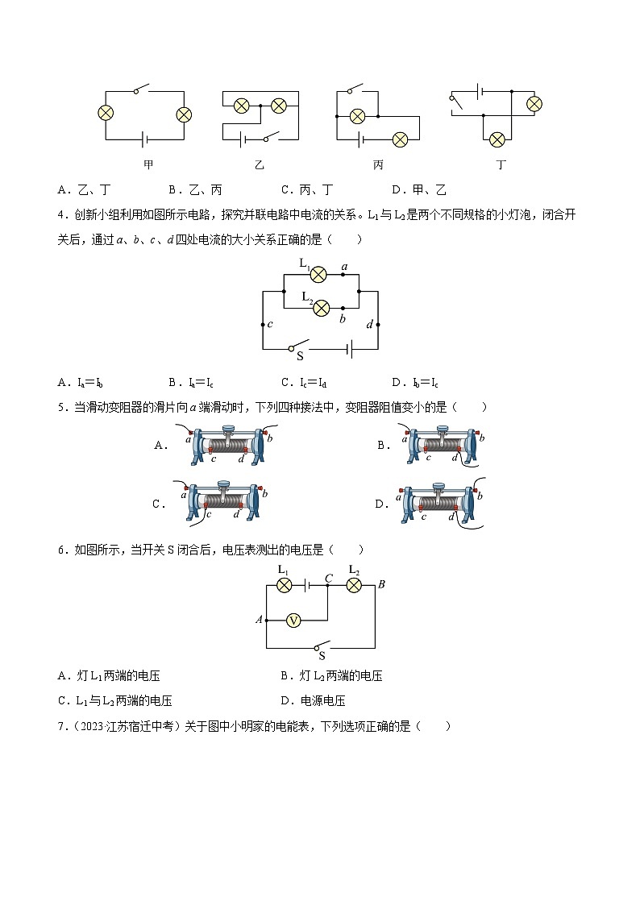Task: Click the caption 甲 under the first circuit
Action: click(x=148, y=164)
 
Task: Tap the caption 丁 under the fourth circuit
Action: click(x=501, y=164)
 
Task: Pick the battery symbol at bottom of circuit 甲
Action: click(x=144, y=139)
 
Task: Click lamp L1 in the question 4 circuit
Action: click(x=318, y=274)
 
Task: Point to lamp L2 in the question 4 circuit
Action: click(x=322, y=308)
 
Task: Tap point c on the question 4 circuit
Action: click(x=264, y=325)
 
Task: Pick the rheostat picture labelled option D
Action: click(x=441, y=504)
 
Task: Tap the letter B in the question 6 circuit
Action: click(x=381, y=584)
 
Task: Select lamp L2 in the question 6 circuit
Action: click(x=353, y=586)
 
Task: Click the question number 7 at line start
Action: click(x=61, y=726)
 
